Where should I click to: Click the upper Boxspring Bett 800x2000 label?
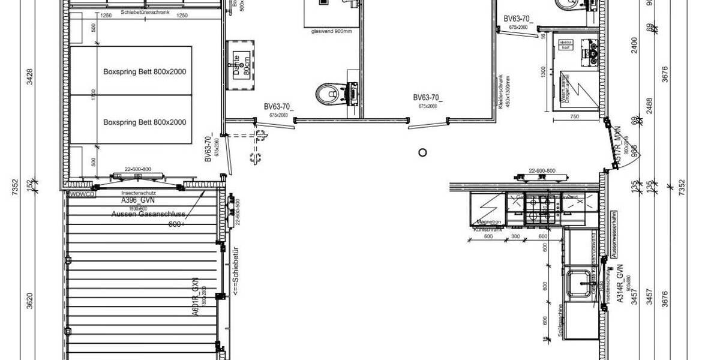145,71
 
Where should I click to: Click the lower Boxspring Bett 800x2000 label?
145,122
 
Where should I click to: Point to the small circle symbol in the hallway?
422,152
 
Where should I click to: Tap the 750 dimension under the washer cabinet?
575,118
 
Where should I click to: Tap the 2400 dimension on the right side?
635,45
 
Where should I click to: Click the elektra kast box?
566,44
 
